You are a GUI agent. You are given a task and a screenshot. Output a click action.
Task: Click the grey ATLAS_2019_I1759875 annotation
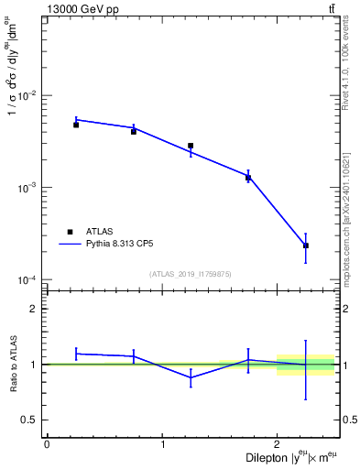point(191,273)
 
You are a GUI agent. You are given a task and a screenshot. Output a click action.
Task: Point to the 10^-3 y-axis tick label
point(29,188)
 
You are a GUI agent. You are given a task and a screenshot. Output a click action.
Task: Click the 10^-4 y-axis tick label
point(29,279)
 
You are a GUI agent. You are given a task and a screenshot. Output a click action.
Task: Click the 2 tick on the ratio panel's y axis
point(35,309)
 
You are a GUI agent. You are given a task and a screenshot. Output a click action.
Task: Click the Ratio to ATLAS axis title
point(11,365)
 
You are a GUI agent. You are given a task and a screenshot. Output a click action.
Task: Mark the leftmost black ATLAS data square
point(76,125)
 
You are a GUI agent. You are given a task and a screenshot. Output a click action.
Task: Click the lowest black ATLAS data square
point(306,245)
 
